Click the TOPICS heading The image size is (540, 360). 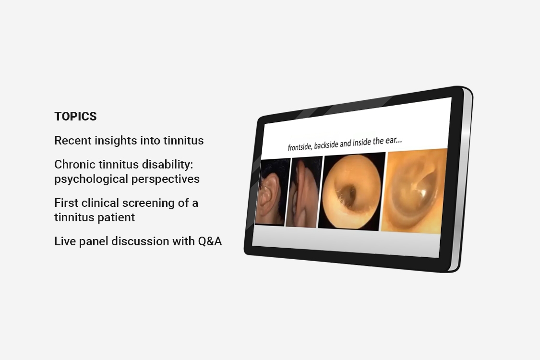tap(75, 117)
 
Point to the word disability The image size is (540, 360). tap(168, 165)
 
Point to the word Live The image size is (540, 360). tap(65, 241)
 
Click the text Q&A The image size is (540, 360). tap(210, 241)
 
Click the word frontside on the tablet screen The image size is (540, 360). tap(299, 147)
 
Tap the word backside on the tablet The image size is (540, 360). tap(326, 144)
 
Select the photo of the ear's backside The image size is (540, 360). tap(304, 192)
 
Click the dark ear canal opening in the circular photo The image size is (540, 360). tap(348, 195)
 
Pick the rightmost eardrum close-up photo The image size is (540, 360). tap(414, 191)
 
